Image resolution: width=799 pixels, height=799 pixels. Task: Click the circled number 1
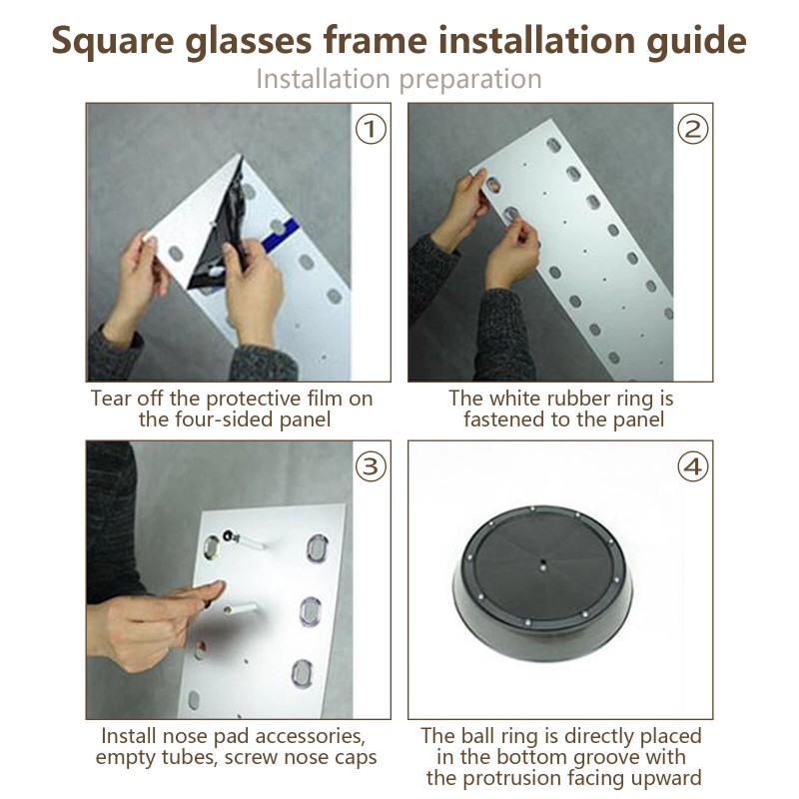click(x=371, y=129)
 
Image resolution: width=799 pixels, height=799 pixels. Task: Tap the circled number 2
click(x=692, y=129)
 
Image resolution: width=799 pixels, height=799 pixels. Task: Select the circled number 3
click(x=371, y=466)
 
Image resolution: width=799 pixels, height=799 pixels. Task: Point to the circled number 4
click(x=692, y=466)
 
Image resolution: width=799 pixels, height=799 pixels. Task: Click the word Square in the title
click(x=113, y=42)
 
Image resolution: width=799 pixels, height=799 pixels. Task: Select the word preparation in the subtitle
click(x=470, y=80)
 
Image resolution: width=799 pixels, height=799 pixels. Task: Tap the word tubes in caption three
click(x=190, y=757)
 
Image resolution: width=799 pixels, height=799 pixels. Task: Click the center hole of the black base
click(x=542, y=563)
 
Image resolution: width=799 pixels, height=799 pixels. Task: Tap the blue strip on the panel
click(x=281, y=235)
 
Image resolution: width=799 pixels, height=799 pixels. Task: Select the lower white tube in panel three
click(x=241, y=608)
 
